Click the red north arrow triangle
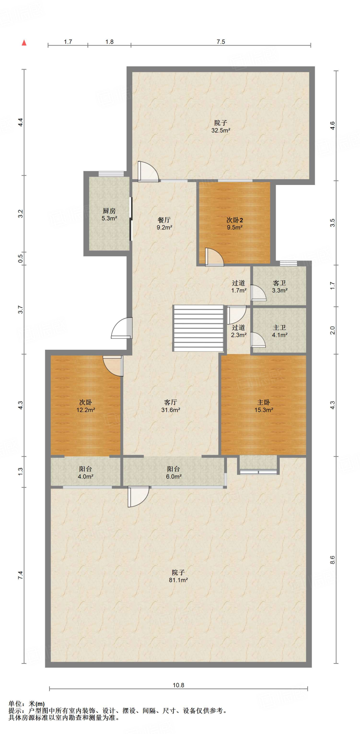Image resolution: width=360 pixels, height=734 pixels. (24, 43)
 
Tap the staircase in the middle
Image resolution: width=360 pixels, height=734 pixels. (198, 328)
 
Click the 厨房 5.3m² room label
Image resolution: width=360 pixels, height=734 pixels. (109, 214)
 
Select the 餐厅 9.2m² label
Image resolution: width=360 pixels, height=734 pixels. (164, 223)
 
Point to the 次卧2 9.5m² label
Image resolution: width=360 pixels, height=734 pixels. (235, 223)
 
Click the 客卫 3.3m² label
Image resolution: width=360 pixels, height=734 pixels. (279, 286)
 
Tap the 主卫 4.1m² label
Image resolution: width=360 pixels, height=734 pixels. (279, 331)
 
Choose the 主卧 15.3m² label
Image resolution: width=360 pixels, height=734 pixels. (264, 406)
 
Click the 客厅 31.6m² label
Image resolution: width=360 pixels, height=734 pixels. (170, 406)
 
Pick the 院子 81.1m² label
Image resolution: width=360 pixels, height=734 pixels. (178, 576)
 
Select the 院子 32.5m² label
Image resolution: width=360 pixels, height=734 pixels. (221, 127)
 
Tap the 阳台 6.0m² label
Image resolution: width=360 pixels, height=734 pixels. (174, 472)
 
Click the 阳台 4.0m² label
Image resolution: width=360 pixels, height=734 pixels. (85, 472)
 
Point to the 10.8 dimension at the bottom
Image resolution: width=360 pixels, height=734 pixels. (178, 685)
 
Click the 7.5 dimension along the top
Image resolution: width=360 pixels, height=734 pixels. (221, 42)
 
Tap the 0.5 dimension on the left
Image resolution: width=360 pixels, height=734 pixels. (20, 257)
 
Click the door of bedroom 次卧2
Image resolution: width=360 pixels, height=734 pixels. (214, 257)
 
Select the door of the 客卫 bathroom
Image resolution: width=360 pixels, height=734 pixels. (258, 292)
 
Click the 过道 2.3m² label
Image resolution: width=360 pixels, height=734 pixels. (238, 331)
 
